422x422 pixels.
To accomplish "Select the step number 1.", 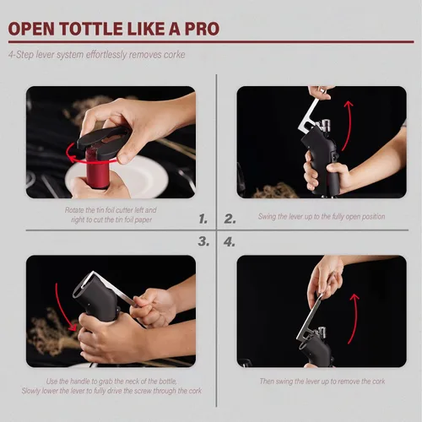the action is point(203,219).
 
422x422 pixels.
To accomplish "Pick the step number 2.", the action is point(230,219).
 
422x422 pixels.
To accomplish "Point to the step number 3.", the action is point(203,241).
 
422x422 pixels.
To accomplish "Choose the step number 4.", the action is point(230,242).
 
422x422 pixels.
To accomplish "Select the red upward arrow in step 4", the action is point(355,319).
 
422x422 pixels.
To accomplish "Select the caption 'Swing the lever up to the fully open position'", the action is point(322,216).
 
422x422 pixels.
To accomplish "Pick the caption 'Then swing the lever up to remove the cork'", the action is point(322,381).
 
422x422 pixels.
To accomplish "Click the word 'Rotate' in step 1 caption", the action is point(74,210).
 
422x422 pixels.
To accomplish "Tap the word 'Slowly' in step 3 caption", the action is point(31,391).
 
